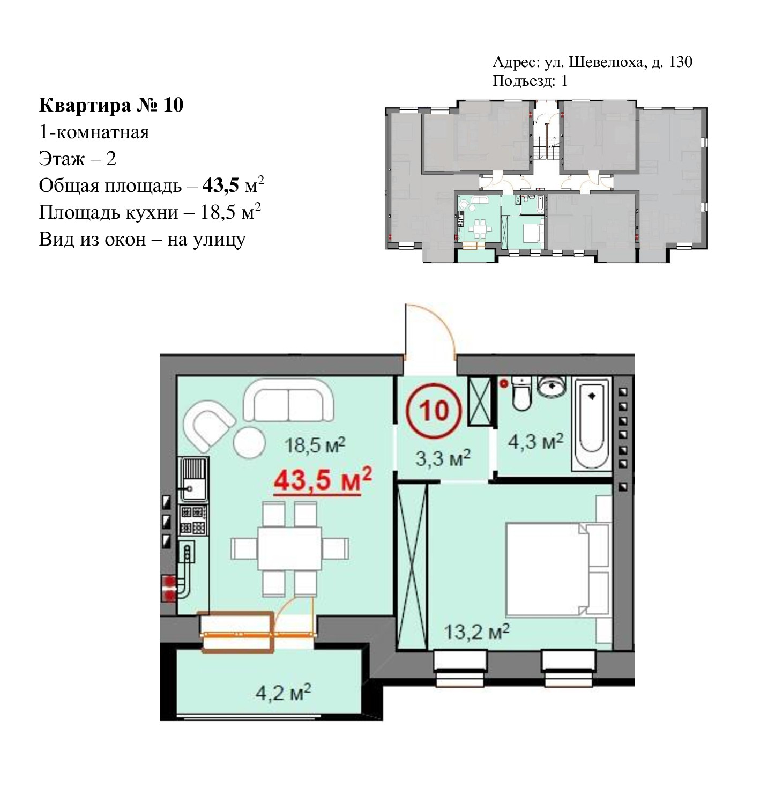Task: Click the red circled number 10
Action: coord(433,410)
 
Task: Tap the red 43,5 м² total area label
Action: coord(322,480)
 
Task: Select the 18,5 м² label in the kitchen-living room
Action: coord(315,444)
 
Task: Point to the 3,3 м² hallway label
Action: coord(443,458)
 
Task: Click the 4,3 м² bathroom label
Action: coord(535,441)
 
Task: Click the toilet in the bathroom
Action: coord(521,393)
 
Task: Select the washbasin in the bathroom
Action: coord(552,386)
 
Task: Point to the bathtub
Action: coord(591,424)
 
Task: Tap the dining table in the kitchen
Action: coord(289,548)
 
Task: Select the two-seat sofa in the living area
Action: coord(288,400)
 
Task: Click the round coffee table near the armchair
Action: coord(249,442)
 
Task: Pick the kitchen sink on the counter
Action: coord(193,479)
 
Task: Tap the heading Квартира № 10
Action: coord(111,105)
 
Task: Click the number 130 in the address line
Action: coord(681,62)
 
